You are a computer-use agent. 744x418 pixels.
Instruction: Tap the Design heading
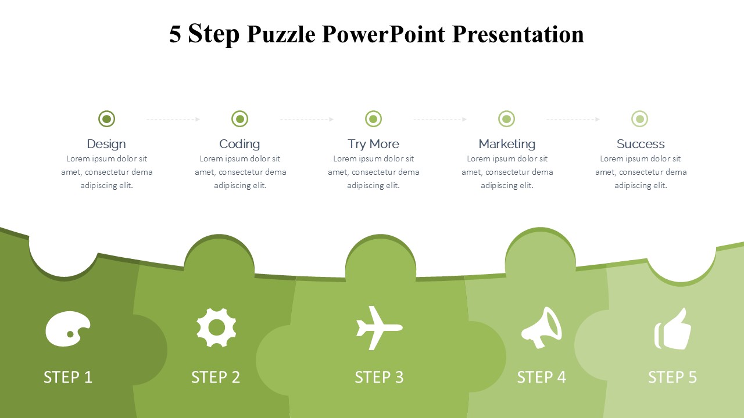point(106,145)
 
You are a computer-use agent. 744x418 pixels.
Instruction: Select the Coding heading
point(239,145)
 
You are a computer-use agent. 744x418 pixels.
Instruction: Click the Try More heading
point(373,144)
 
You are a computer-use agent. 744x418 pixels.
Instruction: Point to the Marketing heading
point(507,145)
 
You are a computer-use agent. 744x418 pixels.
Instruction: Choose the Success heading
point(641,144)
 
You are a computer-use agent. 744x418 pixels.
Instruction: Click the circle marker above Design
point(106,119)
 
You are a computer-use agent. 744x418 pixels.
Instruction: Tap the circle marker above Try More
point(373,119)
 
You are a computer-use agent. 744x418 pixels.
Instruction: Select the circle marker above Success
point(640,119)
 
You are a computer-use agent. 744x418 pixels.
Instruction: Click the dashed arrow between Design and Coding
point(173,119)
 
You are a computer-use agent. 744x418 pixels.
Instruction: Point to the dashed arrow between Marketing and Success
point(573,119)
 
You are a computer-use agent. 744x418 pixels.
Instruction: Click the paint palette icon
point(68,329)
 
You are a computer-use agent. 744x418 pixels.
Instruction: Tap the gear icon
point(216,327)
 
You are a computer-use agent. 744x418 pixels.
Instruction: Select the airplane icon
point(380,328)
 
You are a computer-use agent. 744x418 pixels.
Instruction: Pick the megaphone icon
point(542,328)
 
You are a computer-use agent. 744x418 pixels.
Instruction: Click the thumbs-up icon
point(673,329)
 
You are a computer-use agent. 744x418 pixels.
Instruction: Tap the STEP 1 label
point(68,377)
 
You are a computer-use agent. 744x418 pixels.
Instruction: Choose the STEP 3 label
point(379,377)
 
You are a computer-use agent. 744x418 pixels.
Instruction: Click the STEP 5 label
point(673,377)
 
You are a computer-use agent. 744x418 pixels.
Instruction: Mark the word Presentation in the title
point(518,34)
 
